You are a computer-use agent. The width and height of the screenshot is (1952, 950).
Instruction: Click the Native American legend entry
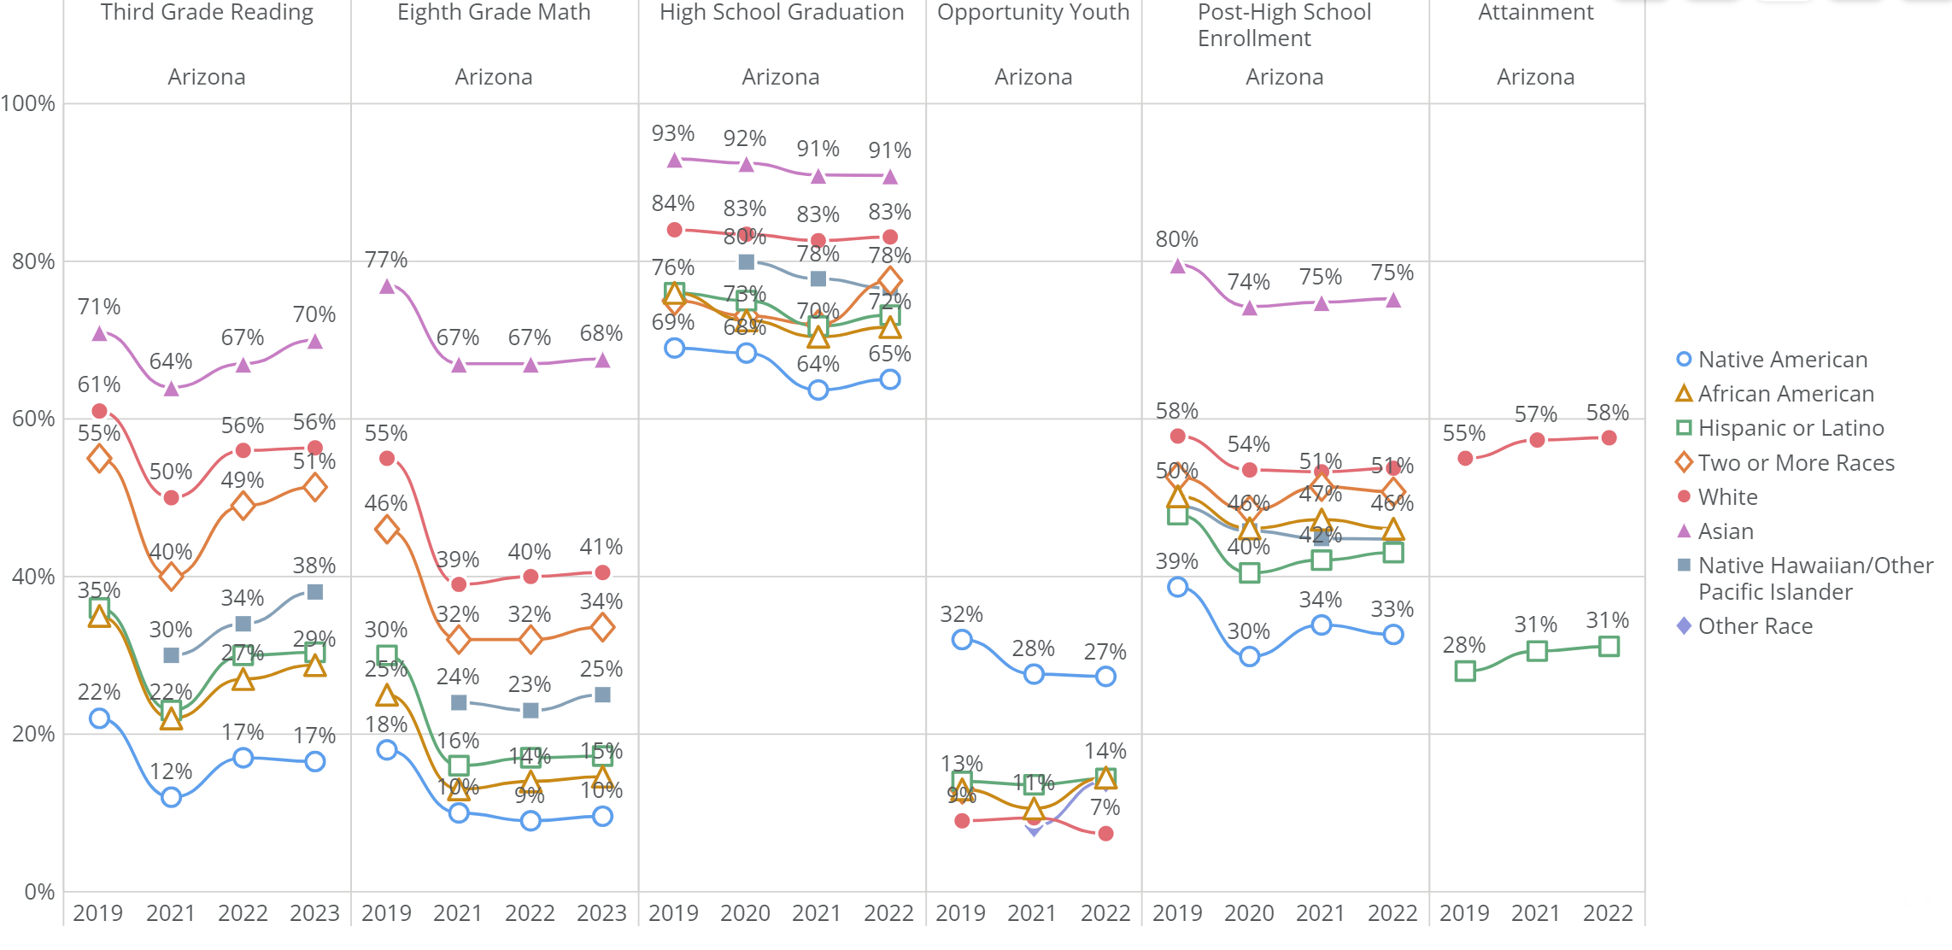(x=1781, y=360)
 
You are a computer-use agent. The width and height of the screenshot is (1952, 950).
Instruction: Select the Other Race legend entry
(x=1754, y=626)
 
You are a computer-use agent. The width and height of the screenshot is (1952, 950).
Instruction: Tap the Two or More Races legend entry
(x=1795, y=463)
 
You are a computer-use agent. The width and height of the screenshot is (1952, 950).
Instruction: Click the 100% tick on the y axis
(x=29, y=103)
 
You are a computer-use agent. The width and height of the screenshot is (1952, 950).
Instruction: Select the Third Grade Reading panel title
(x=207, y=12)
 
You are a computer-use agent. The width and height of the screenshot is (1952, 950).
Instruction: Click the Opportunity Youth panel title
(x=1033, y=12)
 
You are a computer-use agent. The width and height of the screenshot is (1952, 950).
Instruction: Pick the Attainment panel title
(x=1535, y=12)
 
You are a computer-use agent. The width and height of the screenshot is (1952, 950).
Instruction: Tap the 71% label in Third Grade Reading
(x=99, y=307)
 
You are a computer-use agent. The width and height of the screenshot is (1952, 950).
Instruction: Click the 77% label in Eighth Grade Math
(x=386, y=260)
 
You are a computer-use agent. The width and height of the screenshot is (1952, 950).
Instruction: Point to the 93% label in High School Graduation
(x=673, y=133)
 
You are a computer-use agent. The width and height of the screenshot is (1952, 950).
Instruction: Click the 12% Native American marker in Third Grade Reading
(x=171, y=797)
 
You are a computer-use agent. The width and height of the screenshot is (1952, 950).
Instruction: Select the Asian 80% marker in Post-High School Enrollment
(x=1178, y=267)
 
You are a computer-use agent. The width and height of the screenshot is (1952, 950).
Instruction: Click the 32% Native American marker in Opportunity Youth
(x=962, y=639)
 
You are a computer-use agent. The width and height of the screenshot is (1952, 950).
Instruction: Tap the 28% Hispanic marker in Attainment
(x=1465, y=671)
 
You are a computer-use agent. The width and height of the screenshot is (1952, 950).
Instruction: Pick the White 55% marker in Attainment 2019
(x=1465, y=459)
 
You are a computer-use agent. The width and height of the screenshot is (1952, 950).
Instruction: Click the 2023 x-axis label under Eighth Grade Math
(x=601, y=913)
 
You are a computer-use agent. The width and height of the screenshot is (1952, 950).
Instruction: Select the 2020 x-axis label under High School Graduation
(x=745, y=913)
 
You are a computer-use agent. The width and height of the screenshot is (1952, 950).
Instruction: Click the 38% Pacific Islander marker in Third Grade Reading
(x=314, y=592)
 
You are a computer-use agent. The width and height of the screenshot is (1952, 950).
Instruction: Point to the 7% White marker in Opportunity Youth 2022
(x=1105, y=834)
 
